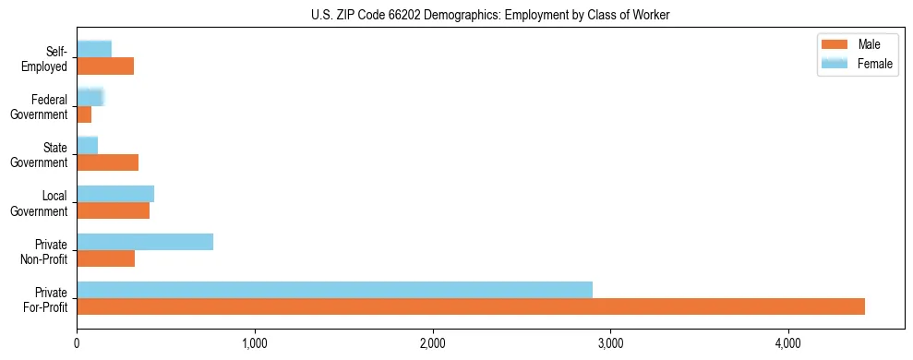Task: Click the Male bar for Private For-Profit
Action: [471, 306]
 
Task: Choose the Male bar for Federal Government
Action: [84, 114]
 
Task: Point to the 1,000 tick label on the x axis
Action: [255, 344]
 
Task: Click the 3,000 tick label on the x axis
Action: [610, 344]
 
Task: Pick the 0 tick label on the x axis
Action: [77, 344]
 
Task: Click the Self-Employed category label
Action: [49, 59]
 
